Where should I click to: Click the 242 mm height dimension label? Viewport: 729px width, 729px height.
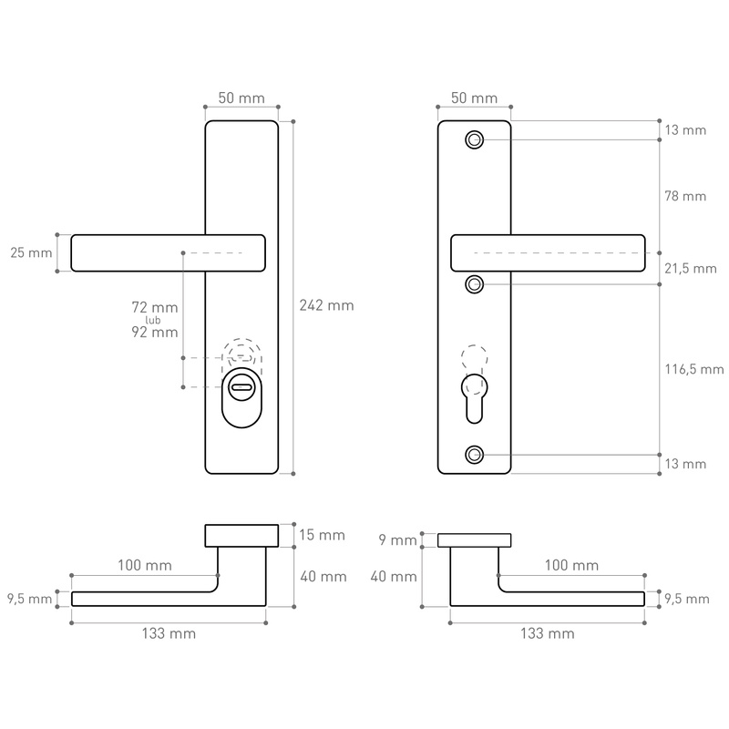click(326, 306)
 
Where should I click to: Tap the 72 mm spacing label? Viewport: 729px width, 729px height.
click(155, 310)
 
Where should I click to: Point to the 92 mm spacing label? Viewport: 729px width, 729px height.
click(155, 333)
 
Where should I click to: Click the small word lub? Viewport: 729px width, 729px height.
click(164, 321)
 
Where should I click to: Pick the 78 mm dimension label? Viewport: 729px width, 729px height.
click(685, 196)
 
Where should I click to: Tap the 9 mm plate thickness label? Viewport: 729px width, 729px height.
click(397, 540)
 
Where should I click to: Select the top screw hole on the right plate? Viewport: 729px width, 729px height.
click(474, 139)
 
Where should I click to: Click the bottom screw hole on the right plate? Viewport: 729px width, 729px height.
click(474, 455)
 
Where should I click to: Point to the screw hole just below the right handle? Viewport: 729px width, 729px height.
click(474, 285)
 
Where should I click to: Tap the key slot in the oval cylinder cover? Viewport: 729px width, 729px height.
click(241, 388)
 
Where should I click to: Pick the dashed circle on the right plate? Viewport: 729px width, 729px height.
click(475, 358)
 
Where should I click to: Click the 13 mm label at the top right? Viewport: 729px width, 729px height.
click(685, 130)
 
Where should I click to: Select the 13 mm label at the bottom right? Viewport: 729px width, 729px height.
click(685, 464)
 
